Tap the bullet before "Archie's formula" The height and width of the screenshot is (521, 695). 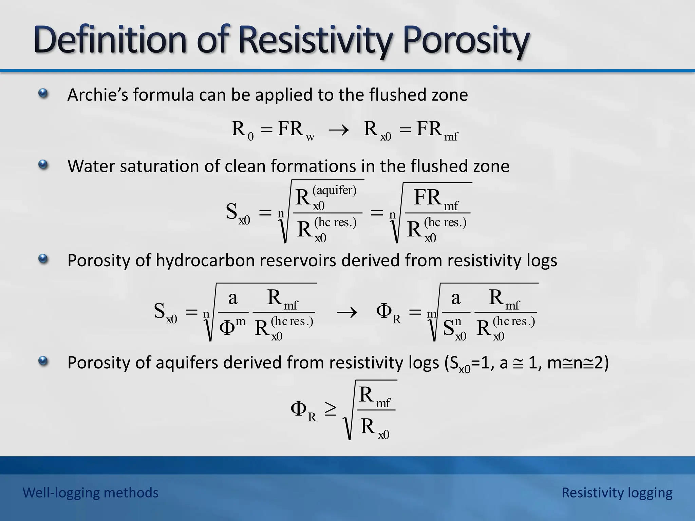(x=43, y=93)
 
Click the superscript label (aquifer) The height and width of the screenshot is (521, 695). (x=334, y=190)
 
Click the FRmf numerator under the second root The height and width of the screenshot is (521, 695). (x=436, y=199)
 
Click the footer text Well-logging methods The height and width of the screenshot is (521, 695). (x=90, y=493)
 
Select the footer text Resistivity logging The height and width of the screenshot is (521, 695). (x=617, y=493)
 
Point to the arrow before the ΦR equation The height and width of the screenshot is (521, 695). (x=346, y=312)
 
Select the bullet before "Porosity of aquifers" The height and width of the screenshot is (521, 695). (x=43, y=362)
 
